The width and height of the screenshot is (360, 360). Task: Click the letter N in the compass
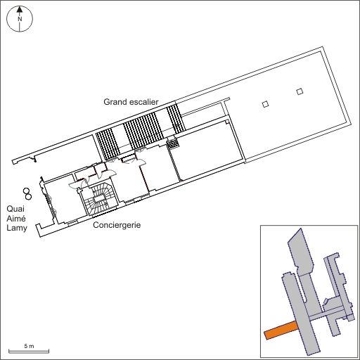pyautogui.click(x=20, y=19)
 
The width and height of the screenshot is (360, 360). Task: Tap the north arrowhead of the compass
pyautogui.click(x=20, y=9)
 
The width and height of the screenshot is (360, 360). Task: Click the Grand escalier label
pyautogui.click(x=131, y=102)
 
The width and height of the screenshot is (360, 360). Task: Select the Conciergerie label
pyautogui.click(x=117, y=225)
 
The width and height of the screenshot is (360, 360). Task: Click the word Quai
pyautogui.click(x=15, y=209)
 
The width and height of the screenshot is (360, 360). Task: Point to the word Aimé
pyautogui.click(x=16, y=219)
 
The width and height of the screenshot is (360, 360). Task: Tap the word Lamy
pyautogui.click(x=17, y=228)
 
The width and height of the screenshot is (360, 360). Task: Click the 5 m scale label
pyautogui.click(x=29, y=346)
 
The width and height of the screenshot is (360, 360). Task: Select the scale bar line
pyautogui.click(x=29, y=351)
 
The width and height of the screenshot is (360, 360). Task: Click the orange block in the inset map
pyautogui.click(x=281, y=330)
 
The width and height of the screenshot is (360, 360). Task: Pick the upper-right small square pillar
pyautogui.click(x=300, y=91)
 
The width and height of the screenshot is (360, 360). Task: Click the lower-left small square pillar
pyautogui.click(x=265, y=104)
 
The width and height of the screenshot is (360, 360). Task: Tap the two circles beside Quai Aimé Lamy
pyautogui.click(x=27, y=194)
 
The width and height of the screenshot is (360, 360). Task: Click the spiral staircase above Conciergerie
pyautogui.click(x=100, y=199)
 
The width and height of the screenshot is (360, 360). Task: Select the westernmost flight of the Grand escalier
pyautogui.click(x=108, y=144)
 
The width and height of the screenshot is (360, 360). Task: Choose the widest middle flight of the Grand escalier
pyautogui.click(x=143, y=131)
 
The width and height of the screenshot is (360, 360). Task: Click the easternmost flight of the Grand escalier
pyautogui.click(x=176, y=119)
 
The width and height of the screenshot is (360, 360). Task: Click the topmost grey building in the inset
pyautogui.click(x=301, y=252)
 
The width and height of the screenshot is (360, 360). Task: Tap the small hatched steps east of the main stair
pyautogui.click(x=173, y=143)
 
